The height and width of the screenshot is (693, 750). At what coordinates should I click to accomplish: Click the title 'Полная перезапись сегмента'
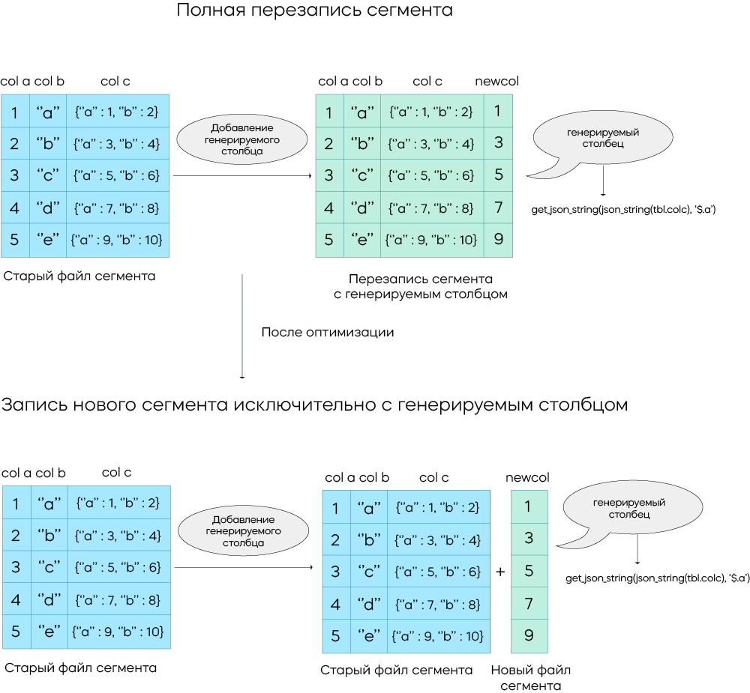coord(314,11)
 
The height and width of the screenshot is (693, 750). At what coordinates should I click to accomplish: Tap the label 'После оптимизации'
coord(327,332)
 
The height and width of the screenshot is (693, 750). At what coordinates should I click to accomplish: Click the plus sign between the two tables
coord(500,572)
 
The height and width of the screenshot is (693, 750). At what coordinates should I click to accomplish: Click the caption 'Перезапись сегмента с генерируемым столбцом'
coord(421,286)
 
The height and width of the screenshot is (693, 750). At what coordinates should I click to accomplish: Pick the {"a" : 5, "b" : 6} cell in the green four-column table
coord(431,176)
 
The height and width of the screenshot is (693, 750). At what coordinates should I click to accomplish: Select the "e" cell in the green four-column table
coord(362,240)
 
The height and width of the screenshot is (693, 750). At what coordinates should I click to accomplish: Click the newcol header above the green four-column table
coord(496,82)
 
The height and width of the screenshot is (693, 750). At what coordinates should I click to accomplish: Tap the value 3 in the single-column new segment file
coord(529,539)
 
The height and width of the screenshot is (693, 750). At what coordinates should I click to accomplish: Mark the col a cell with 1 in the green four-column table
coord(329,112)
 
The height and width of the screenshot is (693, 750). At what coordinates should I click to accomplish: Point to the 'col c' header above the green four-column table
coord(427,82)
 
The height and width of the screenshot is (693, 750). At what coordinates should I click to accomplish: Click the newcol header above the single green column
coord(527,478)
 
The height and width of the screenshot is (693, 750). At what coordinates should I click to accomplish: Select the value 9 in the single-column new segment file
coord(529,636)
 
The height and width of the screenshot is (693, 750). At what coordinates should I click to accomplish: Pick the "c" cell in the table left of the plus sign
coord(368,572)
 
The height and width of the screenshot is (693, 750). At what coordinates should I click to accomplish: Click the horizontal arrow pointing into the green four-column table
coord(242,176)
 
